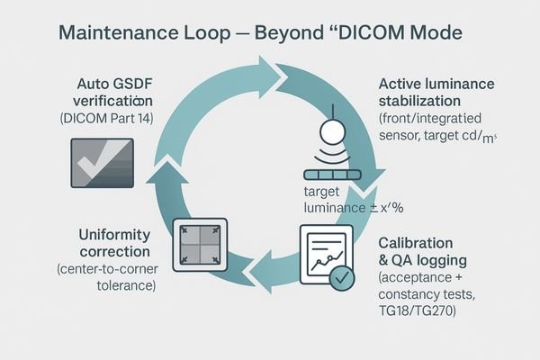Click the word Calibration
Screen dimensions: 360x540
415,244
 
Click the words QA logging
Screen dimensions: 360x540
427,261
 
